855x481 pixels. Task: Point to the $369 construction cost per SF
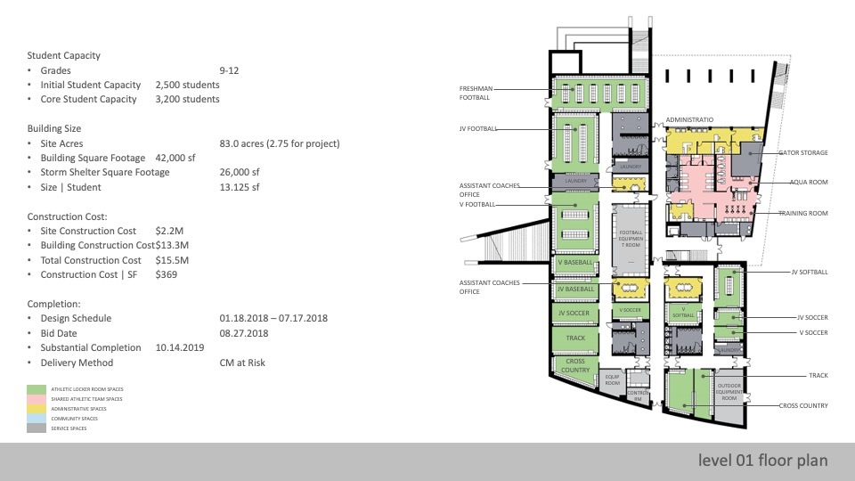167,274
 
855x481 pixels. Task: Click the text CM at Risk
242,363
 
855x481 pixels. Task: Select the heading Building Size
54,128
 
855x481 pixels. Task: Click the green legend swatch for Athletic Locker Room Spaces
36,390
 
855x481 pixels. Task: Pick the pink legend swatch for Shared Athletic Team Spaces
36,400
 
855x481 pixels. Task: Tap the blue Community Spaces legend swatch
36,419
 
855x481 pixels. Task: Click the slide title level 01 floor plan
763,461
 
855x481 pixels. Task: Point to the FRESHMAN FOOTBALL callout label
480,93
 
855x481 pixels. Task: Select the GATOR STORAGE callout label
802,152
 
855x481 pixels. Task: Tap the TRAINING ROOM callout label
803,214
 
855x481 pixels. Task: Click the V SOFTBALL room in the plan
682,312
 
